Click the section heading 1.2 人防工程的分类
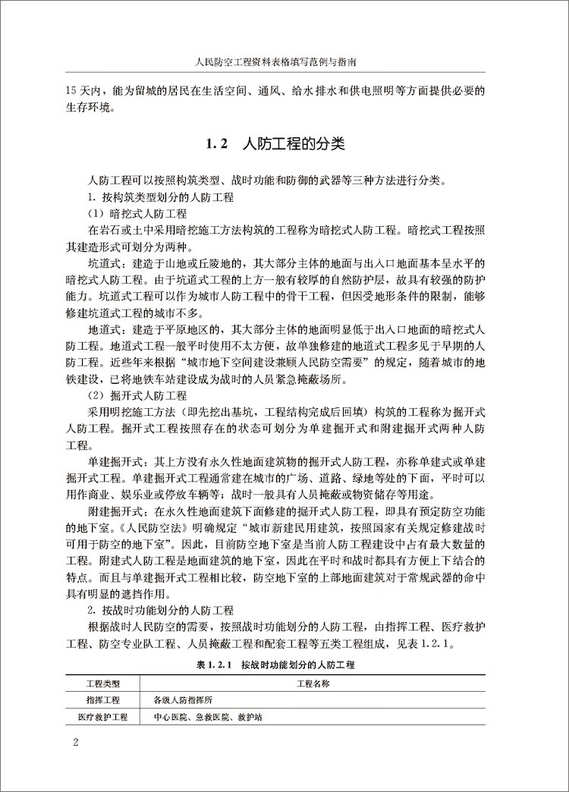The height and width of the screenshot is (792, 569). coord(285,143)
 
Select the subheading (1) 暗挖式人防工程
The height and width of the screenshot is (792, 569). coord(136,213)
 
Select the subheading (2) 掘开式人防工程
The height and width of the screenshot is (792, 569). coord(136,395)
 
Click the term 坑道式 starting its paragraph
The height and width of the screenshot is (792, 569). coord(105,264)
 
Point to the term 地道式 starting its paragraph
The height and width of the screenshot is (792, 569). coord(105,329)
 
